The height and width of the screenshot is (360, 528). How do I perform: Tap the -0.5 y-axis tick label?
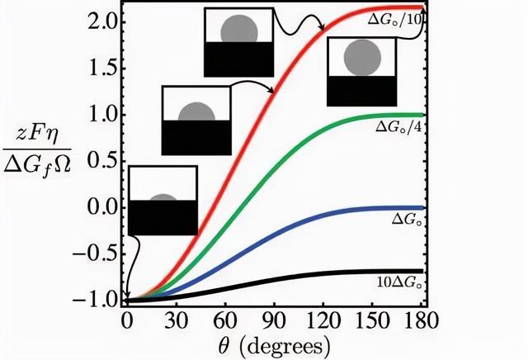(100, 253)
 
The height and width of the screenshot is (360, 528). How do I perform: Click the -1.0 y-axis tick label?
(100, 301)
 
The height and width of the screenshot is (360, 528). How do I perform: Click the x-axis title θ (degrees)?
(273, 343)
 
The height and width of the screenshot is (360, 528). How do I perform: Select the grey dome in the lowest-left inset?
(163, 200)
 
